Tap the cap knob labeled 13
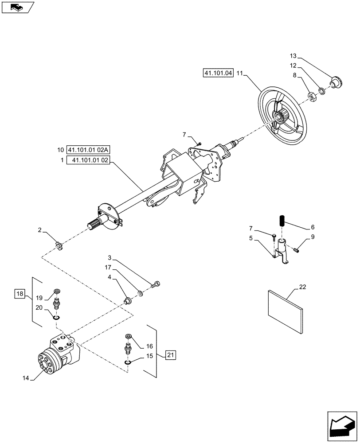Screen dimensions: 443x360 (337, 82)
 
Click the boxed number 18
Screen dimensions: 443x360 (20, 293)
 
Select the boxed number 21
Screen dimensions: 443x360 (171, 354)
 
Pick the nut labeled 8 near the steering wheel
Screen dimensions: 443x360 (311, 95)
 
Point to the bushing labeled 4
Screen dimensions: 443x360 (127, 302)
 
